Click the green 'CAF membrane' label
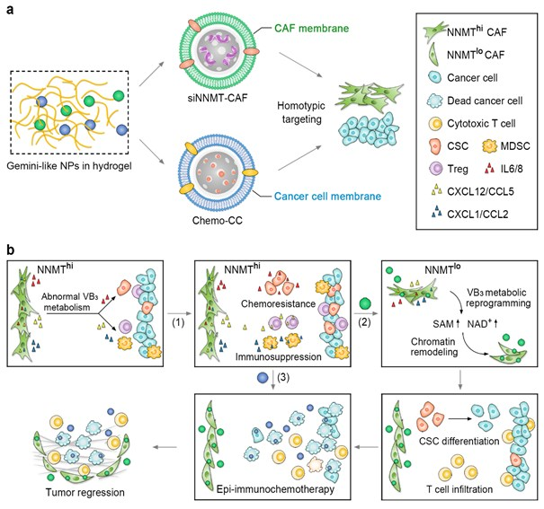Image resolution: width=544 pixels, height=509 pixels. point(311,28)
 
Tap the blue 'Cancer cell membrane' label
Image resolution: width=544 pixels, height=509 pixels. point(327,197)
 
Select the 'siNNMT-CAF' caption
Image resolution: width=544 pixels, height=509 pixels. point(218,98)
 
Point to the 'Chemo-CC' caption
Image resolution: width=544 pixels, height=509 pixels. point(218,220)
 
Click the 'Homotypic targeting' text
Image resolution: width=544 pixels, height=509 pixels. point(301,112)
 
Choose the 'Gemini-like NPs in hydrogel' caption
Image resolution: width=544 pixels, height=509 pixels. point(69,166)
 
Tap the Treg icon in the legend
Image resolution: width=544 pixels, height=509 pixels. point(436,169)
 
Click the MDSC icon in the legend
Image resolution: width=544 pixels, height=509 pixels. point(489,146)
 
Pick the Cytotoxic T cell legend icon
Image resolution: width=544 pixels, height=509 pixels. point(435,123)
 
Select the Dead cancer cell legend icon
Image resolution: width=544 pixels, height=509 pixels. point(435,101)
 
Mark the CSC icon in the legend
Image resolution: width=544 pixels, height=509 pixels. point(435,146)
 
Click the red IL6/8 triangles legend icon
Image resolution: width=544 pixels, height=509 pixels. point(489,169)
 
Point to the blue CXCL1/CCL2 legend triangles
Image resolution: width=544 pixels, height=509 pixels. point(436,212)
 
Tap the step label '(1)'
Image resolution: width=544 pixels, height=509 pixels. point(178,322)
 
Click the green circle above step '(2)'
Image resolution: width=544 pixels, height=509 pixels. point(365,303)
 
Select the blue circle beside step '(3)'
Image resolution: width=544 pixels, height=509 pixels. point(263,377)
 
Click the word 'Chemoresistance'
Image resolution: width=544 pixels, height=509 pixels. point(278,303)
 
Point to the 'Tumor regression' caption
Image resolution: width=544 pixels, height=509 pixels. point(85,492)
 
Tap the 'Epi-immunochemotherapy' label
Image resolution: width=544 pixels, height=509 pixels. point(275,489)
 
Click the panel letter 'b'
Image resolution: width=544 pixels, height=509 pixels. point(11,250)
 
